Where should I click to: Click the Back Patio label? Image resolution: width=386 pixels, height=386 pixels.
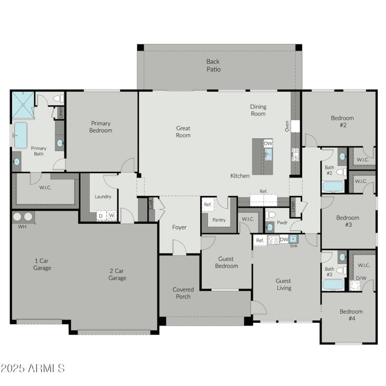pyautogui.click(x=213, y=65)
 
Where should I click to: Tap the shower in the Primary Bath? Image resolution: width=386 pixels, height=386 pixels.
pyautogui.click(x=23, y=104)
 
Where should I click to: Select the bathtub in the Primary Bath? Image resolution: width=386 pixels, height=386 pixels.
pyautogui.click(x=21, y=135)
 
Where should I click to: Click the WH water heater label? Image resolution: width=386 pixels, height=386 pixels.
pyautogui.click(x=22, y=226)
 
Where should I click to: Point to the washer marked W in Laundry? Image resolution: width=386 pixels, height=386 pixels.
pyautogui.click(x=111, y=216)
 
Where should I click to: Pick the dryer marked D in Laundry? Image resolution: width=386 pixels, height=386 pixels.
pyautogui.click(x=101, y=216)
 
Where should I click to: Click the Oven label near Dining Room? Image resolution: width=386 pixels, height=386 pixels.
pyautogui.click(x=287, y=126)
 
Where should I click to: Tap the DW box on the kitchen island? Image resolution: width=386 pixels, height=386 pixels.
pyautogui.click(x=268, y=144)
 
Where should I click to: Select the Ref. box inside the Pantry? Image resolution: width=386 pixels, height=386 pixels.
pyautogui.click(x=207, y=205)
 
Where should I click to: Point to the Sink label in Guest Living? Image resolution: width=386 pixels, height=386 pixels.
pyautogui.click(x=293, y=246)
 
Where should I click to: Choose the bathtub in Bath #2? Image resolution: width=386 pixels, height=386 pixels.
pyautogui.click(x=333, y=186)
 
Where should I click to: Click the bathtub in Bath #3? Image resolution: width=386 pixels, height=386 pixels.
pyautogui.click(x=333, y=284)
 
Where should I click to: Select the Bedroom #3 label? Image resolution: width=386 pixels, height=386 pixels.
pyautogui.click(x=347, y=221)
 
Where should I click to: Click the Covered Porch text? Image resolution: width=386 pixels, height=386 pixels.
pyautogui.click(x=183, y=293)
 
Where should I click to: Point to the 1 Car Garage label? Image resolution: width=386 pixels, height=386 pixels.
pyautogui.click(x=42, y=264)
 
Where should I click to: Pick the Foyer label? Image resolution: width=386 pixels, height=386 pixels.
pyautogui.click(x=179, y=227)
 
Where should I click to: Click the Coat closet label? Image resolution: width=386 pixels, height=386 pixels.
pyautogui.click(x=151, y=205)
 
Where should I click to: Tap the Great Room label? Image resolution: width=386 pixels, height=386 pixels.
pyautogui.click(x=183, y=132)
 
